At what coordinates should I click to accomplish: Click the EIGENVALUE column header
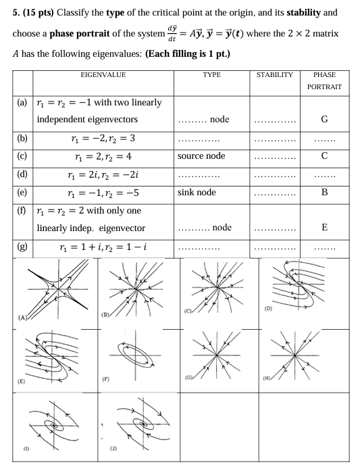point(103,75)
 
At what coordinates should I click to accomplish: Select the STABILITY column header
point(274,75)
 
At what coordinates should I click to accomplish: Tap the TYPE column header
point(211,75)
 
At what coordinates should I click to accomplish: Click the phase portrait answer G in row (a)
point(324,120)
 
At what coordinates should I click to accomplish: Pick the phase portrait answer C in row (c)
point(324,156)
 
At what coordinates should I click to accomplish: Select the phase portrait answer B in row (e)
point(324,193)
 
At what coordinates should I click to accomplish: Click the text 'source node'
point(201,156)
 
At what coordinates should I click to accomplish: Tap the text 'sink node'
point(197,193)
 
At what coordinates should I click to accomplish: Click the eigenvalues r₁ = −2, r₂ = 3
point(103,139)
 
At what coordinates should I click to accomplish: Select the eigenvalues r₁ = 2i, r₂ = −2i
point(103,174)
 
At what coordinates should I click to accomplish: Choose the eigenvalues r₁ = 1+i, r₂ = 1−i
point(103,247)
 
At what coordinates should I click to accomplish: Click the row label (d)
point(23,174)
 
